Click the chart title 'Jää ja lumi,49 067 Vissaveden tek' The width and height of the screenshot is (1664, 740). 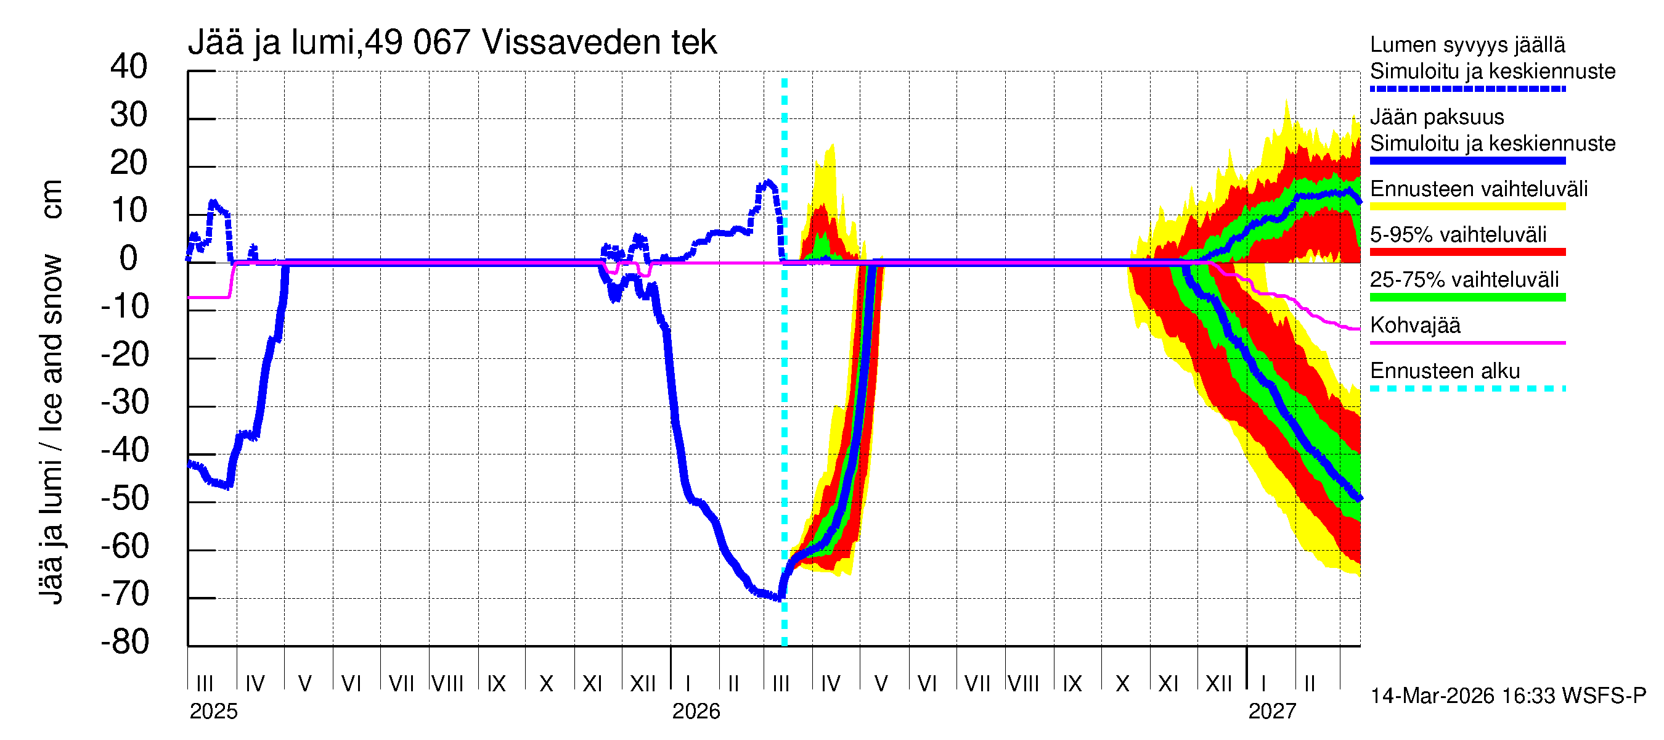tap(452, 43)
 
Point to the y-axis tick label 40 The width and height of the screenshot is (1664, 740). tap(129, 67)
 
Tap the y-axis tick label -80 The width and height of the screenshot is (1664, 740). tap(125, 642)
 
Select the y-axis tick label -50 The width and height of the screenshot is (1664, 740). tap(125, 498)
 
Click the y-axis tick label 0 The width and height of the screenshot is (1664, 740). tap(129, 258)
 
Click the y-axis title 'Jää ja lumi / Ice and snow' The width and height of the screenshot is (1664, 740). tap(51, 430)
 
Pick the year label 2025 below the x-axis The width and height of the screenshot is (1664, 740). tap(213, 711)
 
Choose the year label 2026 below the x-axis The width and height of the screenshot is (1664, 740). tap(696, 711)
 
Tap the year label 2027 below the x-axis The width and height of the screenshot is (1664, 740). tap(1272, 711)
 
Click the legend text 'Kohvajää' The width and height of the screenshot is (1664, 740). tap(1414, 325)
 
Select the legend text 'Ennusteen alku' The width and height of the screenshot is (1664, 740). tap(1445, 371)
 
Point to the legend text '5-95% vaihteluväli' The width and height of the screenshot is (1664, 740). tap(1458, 234)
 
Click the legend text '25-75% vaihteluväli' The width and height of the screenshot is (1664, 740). tap(1464, 279)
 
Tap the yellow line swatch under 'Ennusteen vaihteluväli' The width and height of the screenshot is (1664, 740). tap(1467, 207)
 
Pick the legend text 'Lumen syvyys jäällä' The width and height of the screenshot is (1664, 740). tap(1467, 44)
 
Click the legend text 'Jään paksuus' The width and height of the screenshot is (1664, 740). tap(1437, 117)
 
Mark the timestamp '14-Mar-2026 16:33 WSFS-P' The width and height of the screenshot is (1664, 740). tap(1507, 696)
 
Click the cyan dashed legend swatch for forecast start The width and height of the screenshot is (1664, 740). tap(1467, 388)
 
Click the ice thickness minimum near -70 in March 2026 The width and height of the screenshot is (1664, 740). tap(779, 598)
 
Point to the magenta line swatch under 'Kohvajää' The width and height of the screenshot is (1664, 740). tap(1467, 342)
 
